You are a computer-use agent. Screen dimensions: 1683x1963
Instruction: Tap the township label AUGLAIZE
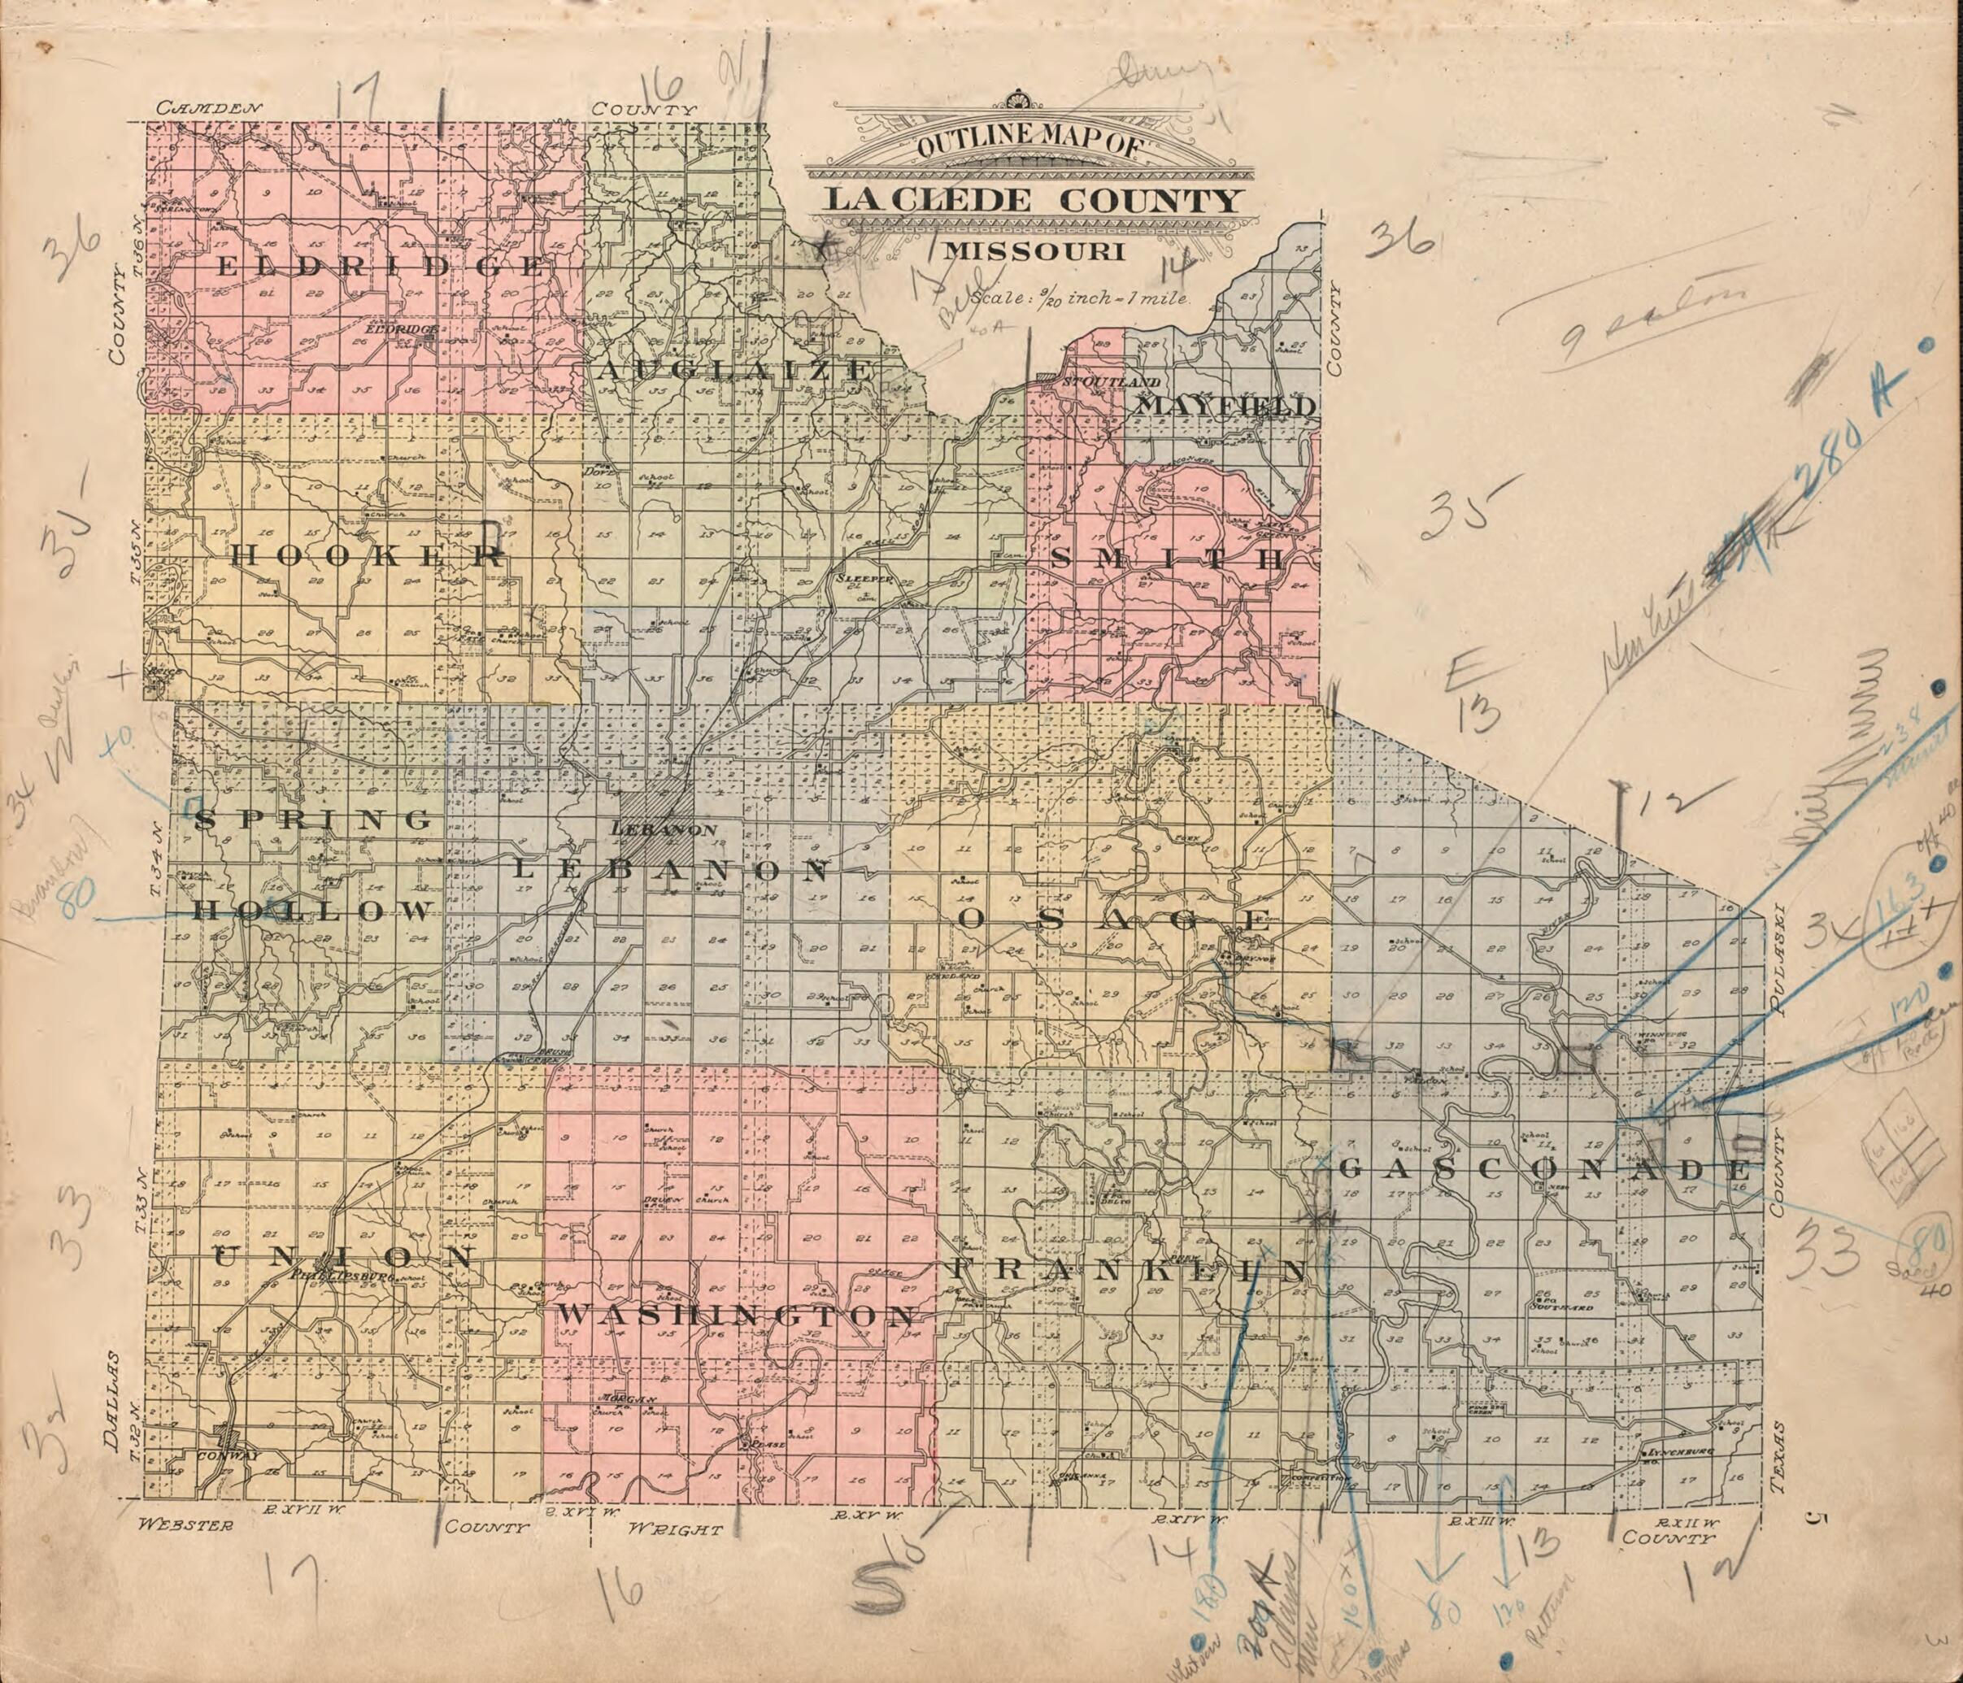click(733, 370)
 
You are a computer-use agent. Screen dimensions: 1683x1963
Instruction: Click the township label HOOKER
click(368, 556)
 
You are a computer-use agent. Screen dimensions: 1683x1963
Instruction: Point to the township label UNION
click(345, 1258)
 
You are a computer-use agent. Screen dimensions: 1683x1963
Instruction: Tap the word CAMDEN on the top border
click(207, 108)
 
